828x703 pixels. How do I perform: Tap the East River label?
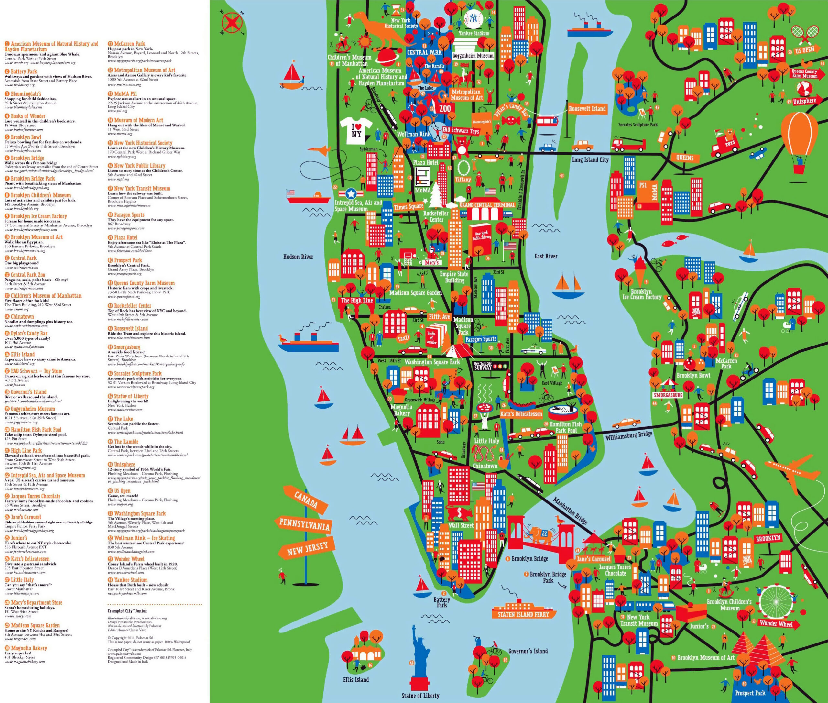(546, 256)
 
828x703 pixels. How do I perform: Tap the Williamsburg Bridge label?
(629, 435)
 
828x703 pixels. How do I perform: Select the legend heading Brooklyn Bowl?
(26, 137)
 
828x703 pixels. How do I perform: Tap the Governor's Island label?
(528, 651)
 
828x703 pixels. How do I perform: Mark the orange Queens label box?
(684, 158)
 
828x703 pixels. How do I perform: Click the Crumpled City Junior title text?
(127, 610)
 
